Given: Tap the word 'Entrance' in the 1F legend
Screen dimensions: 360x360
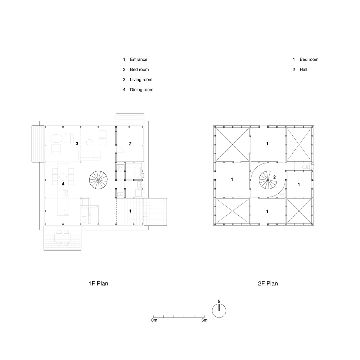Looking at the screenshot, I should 139,60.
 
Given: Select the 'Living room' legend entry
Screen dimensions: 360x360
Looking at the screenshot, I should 141,80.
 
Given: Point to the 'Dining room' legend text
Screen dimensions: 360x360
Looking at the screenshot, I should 141,90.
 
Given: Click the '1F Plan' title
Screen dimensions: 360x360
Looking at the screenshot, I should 98,283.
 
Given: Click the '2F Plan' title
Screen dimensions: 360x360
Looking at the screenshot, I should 268,283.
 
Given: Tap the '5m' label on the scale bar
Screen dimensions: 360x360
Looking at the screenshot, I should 204,320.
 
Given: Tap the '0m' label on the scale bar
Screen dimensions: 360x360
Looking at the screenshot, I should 154,320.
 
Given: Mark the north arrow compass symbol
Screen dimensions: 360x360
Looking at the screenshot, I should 219,310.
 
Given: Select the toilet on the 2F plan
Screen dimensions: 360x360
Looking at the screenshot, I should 305,168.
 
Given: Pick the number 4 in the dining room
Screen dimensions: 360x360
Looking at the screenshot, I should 63,184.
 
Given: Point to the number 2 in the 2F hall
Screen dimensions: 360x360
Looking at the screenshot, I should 274,177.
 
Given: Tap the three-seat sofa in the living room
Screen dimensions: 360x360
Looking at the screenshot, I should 89,155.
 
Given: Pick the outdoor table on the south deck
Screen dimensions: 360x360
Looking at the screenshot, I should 63,238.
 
